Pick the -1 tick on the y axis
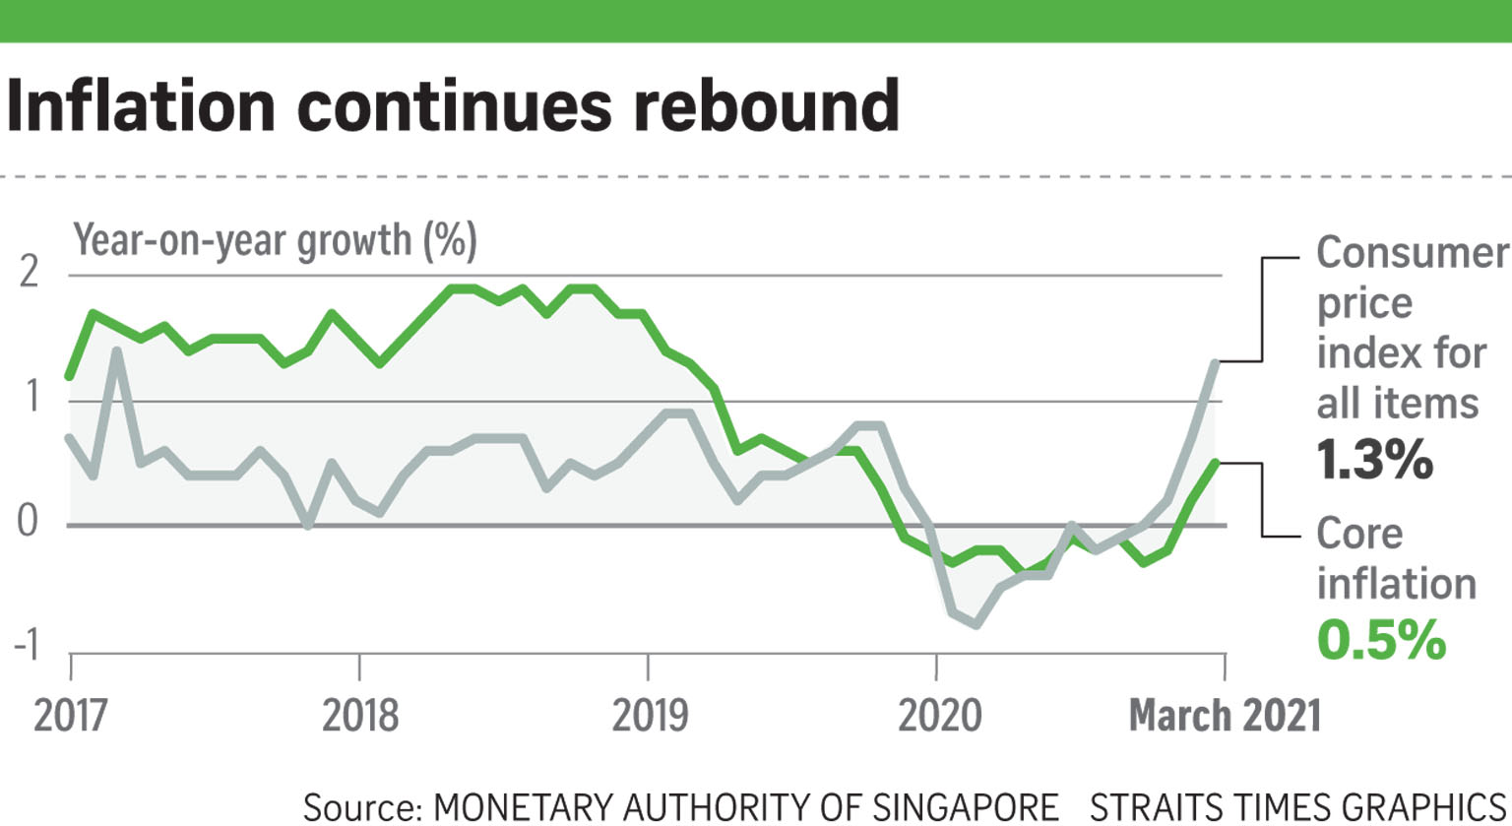(x=26, y=646)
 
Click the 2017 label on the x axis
(x=70, y=714)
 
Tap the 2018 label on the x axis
(x=359, y=714)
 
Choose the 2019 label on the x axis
(x=649, y=714)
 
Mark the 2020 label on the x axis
(x=938, y=714)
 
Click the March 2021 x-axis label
(x=1224, y=714)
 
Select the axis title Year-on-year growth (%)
(x=275, y=239)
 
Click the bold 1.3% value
(x=1374, y=459)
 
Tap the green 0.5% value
(x=1381, y=639)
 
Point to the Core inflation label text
(x=1395, y=558)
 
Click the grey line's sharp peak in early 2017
(x=117, y=350)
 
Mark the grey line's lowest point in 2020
(x=976, y=624)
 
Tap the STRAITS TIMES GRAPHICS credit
(x=1298, y=806)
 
